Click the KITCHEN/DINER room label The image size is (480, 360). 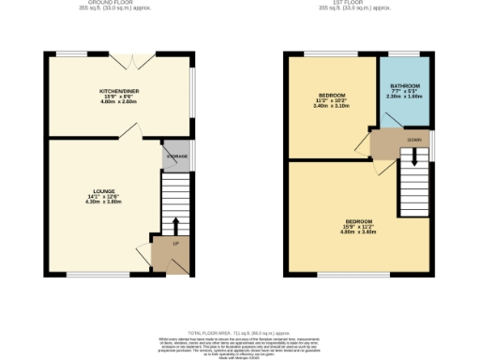click(119, 90)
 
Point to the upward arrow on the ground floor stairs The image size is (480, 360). click(174, 226)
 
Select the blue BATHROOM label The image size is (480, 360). click(405, 86)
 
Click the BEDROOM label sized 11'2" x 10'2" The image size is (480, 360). click(331, 96)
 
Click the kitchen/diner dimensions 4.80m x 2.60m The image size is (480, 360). click(119, 102)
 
